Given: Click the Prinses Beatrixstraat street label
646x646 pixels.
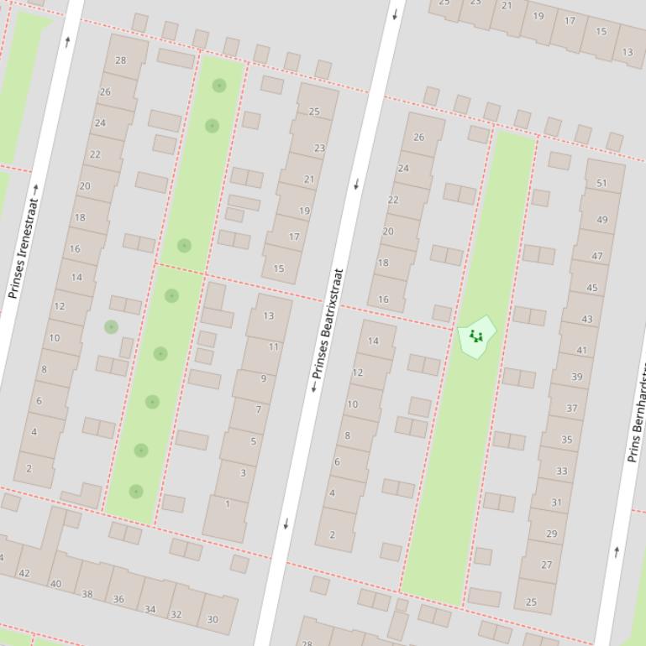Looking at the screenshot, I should tap(328, 330).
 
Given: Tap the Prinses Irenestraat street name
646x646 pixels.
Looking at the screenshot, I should tap(24, 242).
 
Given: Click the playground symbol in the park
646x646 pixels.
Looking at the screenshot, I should tap(476, 336).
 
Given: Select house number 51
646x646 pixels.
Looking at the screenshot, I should tap(601, 183).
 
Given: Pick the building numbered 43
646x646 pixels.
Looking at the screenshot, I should tap(586, 319).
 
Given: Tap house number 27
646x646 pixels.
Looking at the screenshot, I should tap(547, 565).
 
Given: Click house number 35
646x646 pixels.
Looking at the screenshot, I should tap(566, 440).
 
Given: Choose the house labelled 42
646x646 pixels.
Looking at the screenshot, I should tap(24, 574).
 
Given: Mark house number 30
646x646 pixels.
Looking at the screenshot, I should tap(213, 620).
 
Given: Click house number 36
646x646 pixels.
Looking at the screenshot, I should tap(118, 599).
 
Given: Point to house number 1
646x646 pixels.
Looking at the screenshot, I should tap(227, 504).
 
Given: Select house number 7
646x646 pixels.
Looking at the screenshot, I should tap(258, 409).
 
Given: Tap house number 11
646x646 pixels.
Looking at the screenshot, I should tap(274, 346).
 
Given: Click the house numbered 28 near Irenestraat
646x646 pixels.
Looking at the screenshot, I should tap(121, 60).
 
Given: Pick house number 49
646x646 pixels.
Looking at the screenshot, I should tap(601, 220).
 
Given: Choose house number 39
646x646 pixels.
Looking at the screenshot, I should tap(576, 378).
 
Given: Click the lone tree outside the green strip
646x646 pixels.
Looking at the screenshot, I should tap(111, 327).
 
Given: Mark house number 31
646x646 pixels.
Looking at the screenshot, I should tap(556, 503).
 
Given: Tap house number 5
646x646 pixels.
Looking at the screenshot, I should tap(253, 441).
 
